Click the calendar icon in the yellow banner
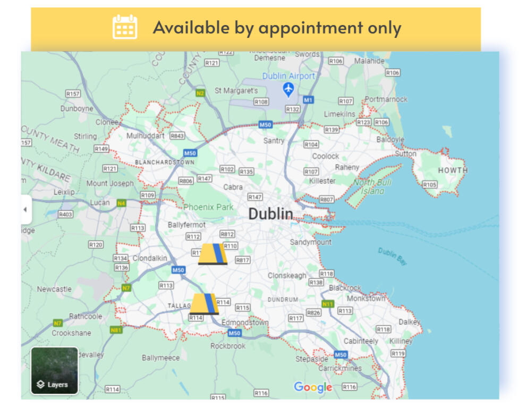coord(125,27)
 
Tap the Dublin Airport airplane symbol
coord(288,89)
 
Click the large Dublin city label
coord(270,214)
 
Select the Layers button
coord(54,370)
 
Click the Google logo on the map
coord(313,387)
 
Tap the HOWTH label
coord(453,170)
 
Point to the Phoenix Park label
coord(208,207)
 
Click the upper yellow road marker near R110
coord(213,254)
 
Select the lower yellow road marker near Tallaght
coord(205,304)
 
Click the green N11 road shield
coord(328,304)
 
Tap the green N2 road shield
coord(200,93)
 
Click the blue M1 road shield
coord(308,100)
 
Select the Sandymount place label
coord(310,242)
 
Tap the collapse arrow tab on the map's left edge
coord(25,210)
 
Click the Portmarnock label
coord(386,99)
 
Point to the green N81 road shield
coord(116,330)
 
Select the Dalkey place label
coord(409,322)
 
